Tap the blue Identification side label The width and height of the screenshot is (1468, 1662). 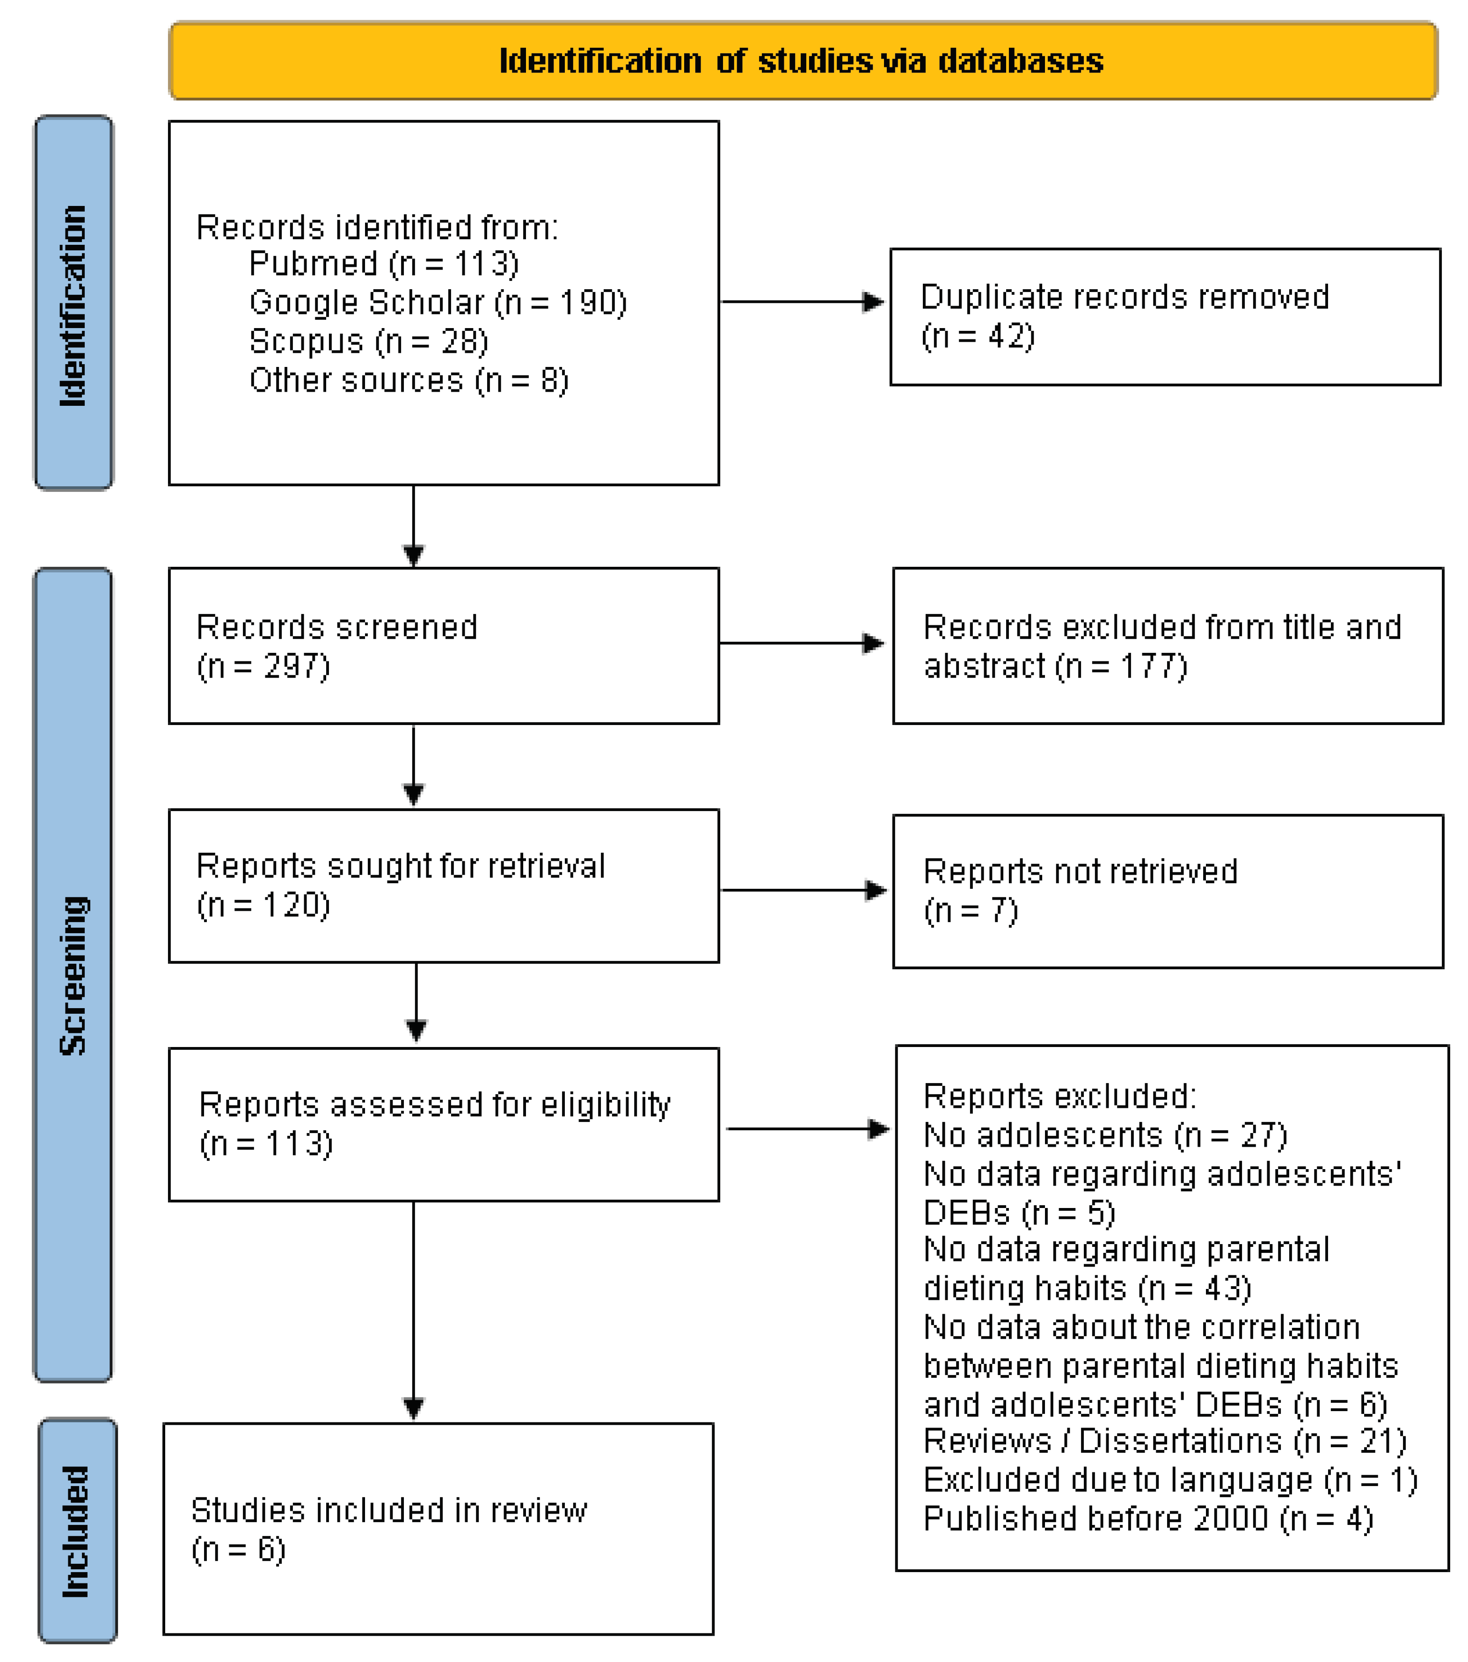[73, 304]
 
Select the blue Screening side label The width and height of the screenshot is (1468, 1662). [73, 976]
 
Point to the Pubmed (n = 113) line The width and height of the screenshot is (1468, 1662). [384, 264]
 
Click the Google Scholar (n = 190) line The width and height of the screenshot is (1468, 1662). [437, 302]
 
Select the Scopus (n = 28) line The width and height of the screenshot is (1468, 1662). [368, 342]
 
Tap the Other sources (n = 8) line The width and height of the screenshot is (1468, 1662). [408, 381]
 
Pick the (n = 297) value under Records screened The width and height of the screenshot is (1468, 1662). [263, 667]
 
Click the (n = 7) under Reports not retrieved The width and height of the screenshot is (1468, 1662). [971, 911]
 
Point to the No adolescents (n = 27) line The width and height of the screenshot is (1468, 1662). [1105, 1135]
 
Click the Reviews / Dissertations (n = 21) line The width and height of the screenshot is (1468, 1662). [1164, 1441]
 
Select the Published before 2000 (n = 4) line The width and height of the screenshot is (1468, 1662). [1148, 1519]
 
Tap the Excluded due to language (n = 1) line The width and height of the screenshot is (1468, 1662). [1170, 1480]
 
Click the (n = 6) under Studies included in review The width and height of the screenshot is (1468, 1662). [238, 1550]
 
